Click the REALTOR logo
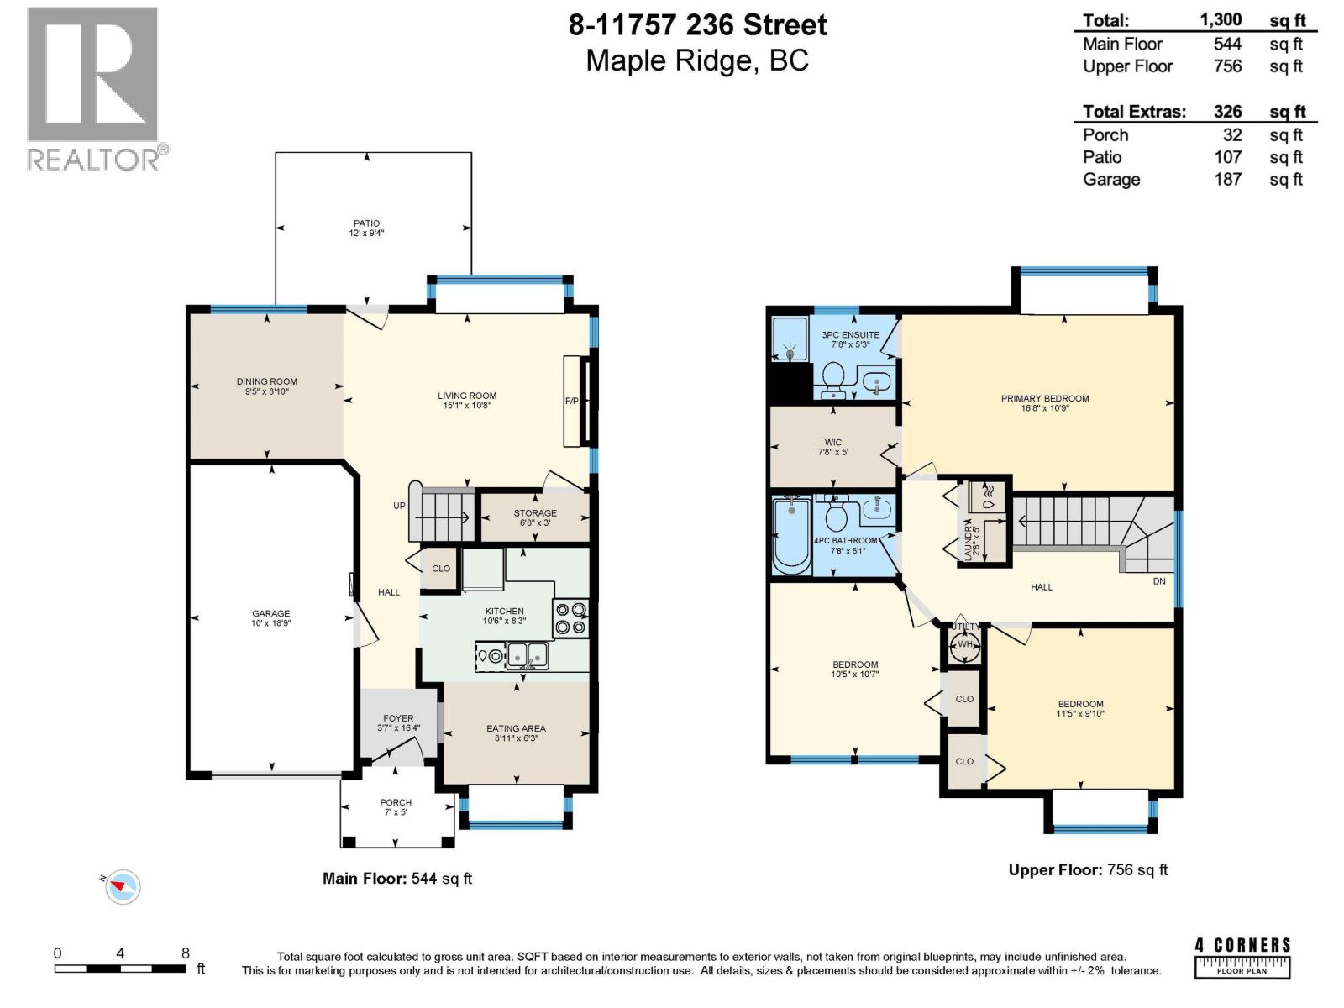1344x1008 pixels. tap(93, 89)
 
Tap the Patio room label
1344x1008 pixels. tap(366, 223)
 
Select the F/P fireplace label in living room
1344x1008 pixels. tap(572, 401)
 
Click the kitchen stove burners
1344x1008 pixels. tap(571, 618)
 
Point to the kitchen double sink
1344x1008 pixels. tap(526, 655)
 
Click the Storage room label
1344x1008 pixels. tap(535, 512)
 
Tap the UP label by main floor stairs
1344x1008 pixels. tap(399, 506)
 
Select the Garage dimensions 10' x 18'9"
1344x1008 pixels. tap(270, 624)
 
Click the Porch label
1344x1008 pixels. tap(396, 802)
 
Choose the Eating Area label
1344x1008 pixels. tap(516, 728)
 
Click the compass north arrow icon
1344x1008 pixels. tap(123, 885)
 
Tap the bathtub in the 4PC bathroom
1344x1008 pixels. tap(791, 536)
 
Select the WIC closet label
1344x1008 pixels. tap(832, 442)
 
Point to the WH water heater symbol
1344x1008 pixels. tap(964, 645)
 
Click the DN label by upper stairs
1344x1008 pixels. tap(1159, 581)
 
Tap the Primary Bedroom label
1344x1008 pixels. tap(1044, 398)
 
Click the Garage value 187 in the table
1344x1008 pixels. tap(1227, 179)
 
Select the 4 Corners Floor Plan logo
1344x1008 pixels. tap(1242, 957)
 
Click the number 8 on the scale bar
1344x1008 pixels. tap(186, 953)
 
